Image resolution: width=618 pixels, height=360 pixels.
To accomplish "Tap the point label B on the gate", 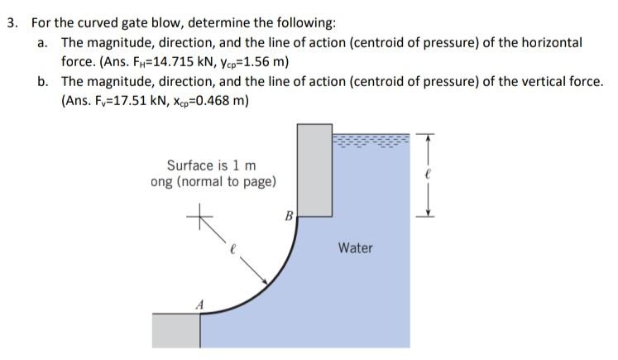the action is click(289, 218).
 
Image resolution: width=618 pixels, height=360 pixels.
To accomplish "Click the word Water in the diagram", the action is click(355, 247).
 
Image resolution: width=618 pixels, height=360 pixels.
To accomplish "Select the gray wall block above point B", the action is click(314, 170).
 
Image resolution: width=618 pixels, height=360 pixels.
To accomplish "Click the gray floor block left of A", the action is click(176, 330).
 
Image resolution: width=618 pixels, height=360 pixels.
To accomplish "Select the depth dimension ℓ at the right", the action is click(428, 175).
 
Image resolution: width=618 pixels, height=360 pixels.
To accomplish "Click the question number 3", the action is click(12, 23).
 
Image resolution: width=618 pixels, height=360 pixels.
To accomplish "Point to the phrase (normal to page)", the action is click(232, 181).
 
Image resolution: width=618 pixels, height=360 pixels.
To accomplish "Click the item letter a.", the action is click(42, 42).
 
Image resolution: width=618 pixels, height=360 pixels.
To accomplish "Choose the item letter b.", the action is click(42, 81).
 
